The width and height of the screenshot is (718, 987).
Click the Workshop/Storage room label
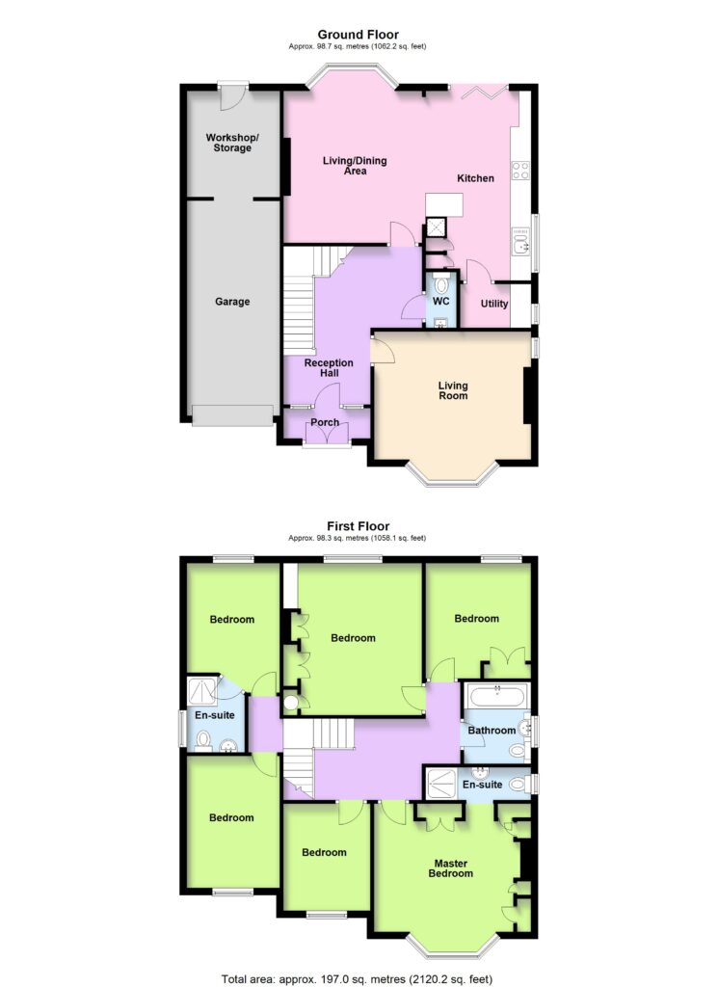pos(232,143)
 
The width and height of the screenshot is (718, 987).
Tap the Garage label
pos(232,302)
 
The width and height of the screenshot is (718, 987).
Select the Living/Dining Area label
pos(355,166)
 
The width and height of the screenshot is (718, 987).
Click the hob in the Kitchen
pos(520,171)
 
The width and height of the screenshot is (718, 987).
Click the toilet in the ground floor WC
pos(441,284)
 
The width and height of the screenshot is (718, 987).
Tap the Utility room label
pos(494,304)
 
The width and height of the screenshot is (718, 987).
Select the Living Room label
pos(453,390)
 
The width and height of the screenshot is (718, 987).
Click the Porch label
pos(325,422)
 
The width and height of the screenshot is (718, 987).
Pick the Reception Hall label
pos(329,367)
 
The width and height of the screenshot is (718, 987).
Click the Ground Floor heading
pos(359,35)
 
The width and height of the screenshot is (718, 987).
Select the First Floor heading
pos(359,526)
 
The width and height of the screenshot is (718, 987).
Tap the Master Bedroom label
pos(451,868)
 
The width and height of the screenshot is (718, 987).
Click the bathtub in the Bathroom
pos(497,697)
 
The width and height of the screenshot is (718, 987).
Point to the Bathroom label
pos(492,731)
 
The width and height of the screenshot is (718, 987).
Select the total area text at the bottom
pos(357,979)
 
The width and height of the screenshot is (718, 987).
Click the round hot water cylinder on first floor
pos(292,703)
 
